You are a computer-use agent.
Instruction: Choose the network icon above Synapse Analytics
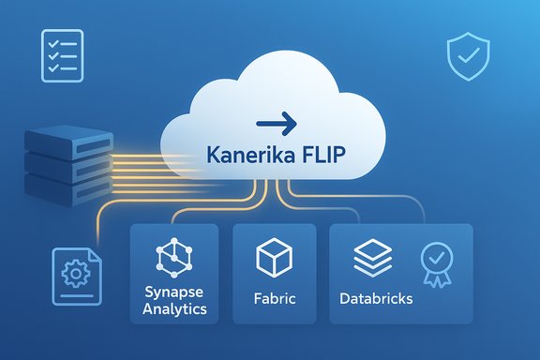point(174,255)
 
